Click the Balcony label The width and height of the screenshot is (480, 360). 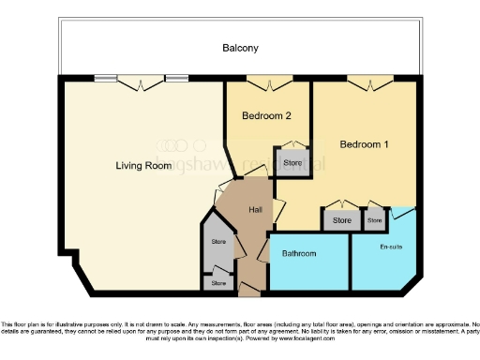pos(240,48)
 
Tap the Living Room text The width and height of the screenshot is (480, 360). pos(143,166)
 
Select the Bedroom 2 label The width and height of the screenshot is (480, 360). pos(265,116)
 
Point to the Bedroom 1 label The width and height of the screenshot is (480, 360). pos(364,144)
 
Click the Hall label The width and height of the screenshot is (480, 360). pos(255,209)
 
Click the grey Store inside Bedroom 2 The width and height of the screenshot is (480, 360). pos(292,162)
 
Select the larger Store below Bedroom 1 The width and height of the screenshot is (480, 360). pos(341,220)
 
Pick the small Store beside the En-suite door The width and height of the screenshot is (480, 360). pos(375,220)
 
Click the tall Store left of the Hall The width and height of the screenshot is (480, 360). pos(218,244)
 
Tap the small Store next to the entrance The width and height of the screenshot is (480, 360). pos(218,282)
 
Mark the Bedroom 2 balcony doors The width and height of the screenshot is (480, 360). pos(267,83)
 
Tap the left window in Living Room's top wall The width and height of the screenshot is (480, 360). pos(105,79)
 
